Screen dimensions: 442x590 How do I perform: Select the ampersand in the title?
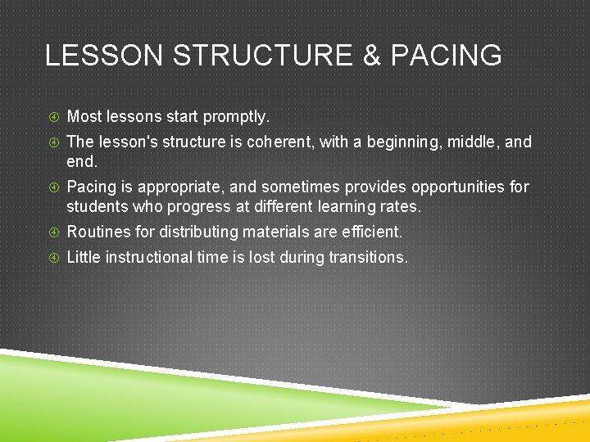pos(371,56)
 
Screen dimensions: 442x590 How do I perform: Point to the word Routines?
pos(98,232)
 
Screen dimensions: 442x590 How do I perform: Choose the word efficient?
pos(372,232)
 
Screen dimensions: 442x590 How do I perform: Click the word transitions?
pos(368,258)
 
